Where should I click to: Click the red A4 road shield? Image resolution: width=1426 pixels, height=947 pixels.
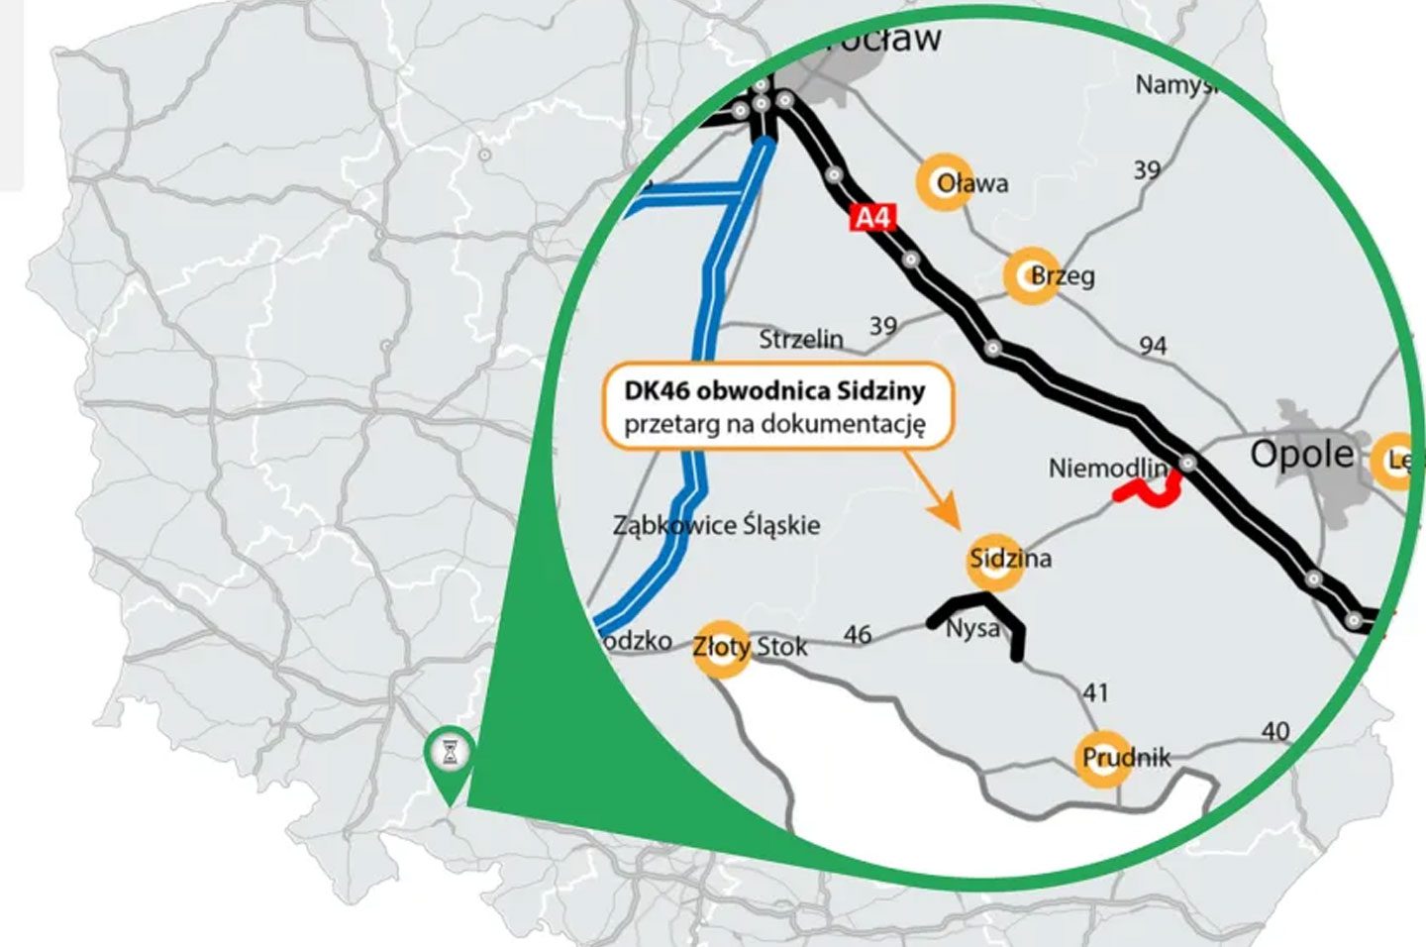pos(872,218)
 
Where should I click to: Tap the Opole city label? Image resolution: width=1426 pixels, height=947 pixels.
pos(1301,454)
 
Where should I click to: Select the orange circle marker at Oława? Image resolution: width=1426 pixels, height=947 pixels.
pos(945,182)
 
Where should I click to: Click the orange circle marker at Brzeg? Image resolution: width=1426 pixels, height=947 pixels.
pos(1031,275)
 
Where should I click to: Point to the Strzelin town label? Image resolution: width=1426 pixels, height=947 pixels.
pos(801,339)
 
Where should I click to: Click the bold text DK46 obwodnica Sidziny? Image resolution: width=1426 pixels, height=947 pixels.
pos(774,390)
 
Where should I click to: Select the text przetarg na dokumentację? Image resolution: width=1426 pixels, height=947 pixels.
pos(774,425)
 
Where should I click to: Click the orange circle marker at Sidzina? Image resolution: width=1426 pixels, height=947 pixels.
pos(993,560)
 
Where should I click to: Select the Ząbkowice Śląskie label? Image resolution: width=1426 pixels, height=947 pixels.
pos(716,524)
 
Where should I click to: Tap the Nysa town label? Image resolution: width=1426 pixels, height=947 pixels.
pos(972,628)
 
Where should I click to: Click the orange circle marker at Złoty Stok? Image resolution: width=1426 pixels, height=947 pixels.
pos(720,648)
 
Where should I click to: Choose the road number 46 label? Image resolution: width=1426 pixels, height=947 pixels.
pos(858,634)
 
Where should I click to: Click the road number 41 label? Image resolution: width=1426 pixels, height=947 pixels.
pos(1094,692)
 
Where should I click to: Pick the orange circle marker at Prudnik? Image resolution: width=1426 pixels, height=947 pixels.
pos(1102,758)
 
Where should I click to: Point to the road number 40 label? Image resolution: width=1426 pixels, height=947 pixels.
pos(1275,731)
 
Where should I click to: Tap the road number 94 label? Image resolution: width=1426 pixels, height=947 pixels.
pos(1153,345)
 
